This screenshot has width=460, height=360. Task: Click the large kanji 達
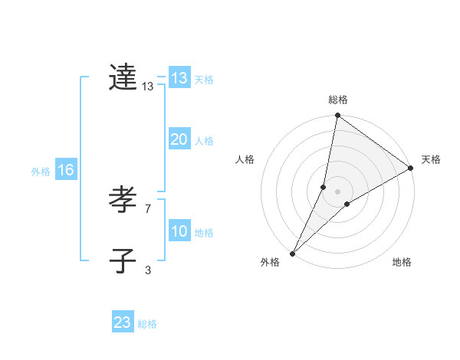point(123,77)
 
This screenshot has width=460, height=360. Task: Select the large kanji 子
point(123,260)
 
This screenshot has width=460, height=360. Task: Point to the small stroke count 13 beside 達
point(148,87)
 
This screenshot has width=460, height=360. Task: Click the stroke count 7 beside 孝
point(148,208)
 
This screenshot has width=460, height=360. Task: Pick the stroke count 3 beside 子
point(148,270)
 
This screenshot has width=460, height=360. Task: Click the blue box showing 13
point(179,78)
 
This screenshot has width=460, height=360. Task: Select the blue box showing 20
point(179,139)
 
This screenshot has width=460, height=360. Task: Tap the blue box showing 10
point(179,231)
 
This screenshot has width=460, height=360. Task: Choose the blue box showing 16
point(65,170)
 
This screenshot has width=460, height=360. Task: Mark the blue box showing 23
point(123,322)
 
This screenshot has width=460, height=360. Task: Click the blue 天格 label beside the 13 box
point(204,80)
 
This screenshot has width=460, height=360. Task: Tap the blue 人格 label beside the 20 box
point(204,141)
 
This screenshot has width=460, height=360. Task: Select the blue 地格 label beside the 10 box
point(204,233)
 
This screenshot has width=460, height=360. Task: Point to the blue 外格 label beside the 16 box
point(41,172)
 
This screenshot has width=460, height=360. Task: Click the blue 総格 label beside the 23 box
point(147,324)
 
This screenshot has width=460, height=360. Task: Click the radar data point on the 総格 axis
point(337,116)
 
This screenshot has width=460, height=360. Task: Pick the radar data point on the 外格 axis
point(292,254)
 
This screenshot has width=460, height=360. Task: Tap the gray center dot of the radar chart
point(337,191)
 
